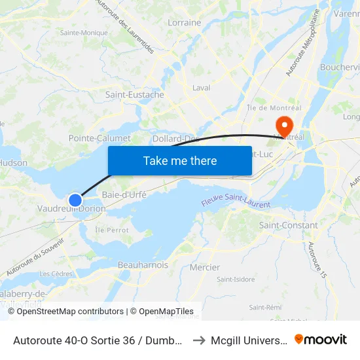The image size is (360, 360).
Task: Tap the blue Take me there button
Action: [180, 160]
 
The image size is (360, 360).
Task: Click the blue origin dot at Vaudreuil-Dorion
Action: [75, 200]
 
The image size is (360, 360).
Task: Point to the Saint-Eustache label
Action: [135, 94]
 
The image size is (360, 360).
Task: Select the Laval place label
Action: [201, 88]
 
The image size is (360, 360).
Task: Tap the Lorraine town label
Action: [185, 22]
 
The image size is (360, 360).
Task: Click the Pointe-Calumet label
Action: [99, 138]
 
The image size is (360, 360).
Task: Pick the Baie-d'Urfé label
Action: [124, 194]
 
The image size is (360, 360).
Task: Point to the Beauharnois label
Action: [143, 265]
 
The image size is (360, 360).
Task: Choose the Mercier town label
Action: [204, 267]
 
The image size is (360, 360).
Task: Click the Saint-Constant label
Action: [289, 225]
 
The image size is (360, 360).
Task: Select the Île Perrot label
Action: [113, 230]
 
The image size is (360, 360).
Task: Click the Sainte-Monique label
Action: [84, 33]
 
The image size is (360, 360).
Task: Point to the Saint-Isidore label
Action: [236, 279]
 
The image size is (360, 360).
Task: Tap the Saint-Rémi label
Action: [265, 307]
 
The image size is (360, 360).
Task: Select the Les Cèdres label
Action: [56, 274]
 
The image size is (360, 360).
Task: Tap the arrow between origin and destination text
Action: [199, 340]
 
